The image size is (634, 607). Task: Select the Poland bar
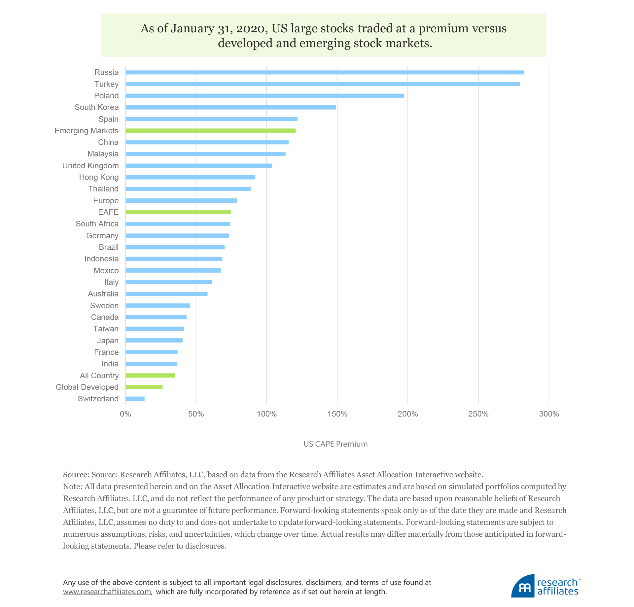[x=264, y=96]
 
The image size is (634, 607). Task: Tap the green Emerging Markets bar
[x=210, y=131]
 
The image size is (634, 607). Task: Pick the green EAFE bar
[x=178, y=212]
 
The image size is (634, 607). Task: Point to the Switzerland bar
[x=135, y=399]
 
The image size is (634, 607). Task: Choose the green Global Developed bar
[x=144, y=387]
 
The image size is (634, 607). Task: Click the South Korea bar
[x=230, y=107]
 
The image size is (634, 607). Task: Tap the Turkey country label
[x=106, y=84]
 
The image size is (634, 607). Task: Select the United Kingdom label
[x=90, y=166]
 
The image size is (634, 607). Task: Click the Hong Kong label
[x=99, y=177]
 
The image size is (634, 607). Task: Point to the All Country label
[x=99, y=376]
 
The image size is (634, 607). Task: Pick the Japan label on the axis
[x=108, y=341]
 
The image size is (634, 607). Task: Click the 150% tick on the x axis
[x=337, y=414]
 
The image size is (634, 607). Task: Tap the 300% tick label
[x=549, y=414]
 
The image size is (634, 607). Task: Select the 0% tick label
[x=125, y=414]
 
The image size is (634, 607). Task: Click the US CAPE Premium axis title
[x=335, y=444]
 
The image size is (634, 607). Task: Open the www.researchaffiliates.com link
[x=107, y=592]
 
